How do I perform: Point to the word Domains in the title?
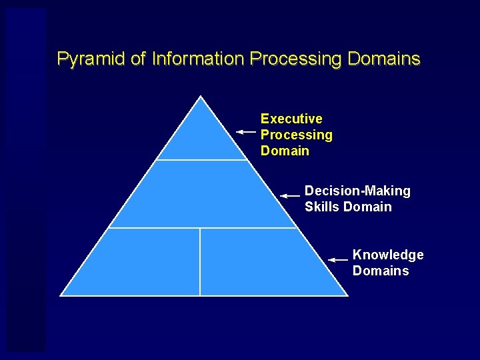click(x=384, y=59)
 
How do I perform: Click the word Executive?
click(x=291, y=119)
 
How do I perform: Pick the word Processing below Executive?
click(x=296, y=135)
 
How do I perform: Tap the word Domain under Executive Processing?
click(x=285, y=151)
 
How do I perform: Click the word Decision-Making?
click(x=357, y=191)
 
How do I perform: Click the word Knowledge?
click(x=388, y=255)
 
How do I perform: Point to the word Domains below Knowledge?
click(x=381, y=271)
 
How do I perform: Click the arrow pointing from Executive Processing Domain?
click(x=247, y=133)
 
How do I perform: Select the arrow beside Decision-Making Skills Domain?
click(x=290, y=196)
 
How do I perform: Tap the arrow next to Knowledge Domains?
click(x=339, y=259)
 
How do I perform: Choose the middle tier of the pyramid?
click(x=201, y=195)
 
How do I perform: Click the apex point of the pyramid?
click(x=201, y=97)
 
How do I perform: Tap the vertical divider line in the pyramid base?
click(x=200, y=261)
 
